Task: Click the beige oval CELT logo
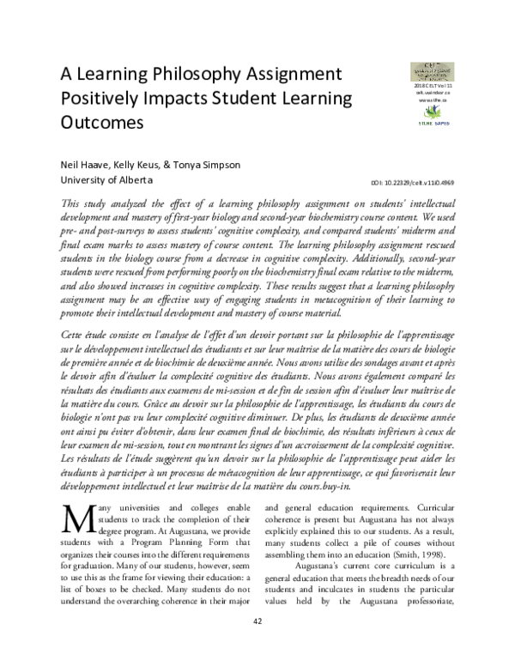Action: point(432,70)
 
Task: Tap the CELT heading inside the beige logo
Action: point(432,64)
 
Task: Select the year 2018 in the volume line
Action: point(418,87)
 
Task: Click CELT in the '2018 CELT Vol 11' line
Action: point(431,87)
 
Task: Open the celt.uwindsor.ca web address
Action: point(433,94)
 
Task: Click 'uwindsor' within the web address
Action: point(434,94)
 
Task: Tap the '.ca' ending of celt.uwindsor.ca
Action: point(447,94)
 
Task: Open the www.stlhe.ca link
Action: point(433,100)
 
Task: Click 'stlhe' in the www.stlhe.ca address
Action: point(436,100)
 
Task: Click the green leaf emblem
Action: point(433,113)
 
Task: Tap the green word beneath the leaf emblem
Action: point(425,124)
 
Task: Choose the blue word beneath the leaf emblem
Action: point(441,124)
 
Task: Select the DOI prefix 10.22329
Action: point(397,183)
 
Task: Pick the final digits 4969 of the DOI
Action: point(446,183)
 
